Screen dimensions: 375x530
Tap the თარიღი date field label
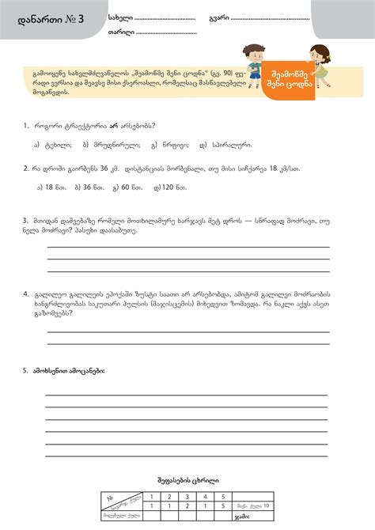121,33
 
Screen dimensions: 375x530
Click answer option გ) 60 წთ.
126,187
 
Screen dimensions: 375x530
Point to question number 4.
26,292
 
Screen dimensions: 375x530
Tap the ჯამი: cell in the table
242,517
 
